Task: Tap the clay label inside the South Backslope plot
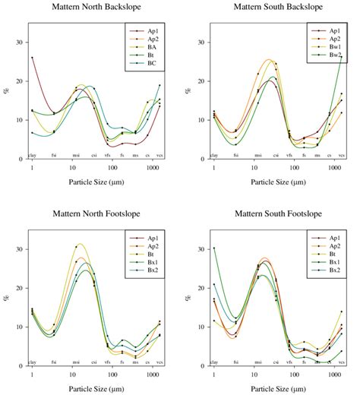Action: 213,154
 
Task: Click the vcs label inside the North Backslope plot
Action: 159,154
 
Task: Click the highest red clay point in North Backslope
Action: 32,58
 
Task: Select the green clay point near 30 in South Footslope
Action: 214,248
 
